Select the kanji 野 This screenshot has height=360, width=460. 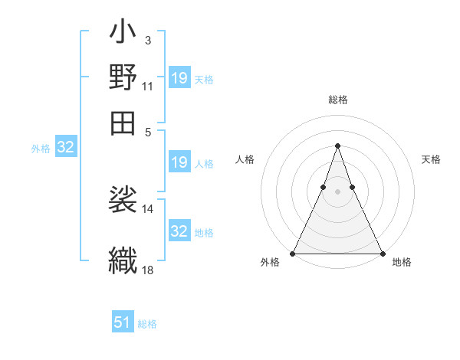pyautogui.click(x=123, y=78)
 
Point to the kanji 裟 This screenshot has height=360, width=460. pyautogui.click(x=123, y=201)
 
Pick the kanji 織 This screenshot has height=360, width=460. pyautogui.click(x=123, y=257)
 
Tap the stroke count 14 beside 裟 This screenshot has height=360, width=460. pyautogui.click(x=147, y=208)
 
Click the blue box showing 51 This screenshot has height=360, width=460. pyautogui.click(x=123, y=322)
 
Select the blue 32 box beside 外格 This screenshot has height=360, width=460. pyautogui.click(x=65, y=148)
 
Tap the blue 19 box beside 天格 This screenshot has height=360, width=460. pyautogui.click(x=179, y=78)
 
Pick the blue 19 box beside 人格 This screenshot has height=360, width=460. pyautogui.click(x=179, y=162)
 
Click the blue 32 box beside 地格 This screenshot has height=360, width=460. pyautogui.click(x=179, y=231)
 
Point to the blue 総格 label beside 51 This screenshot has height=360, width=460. pyautogui.click(x=147, y=324)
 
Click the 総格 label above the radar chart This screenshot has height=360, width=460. pyautogui.click(x=337, y=100)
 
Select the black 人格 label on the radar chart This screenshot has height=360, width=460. pyautogui.click(x=245, y=159)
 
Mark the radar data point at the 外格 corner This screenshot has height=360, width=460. pyautogui.click(x=293, y=254)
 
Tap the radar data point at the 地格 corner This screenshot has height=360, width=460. pyautogui.click(x=382, y=254)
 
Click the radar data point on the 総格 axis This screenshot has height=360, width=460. pyautogui.click(x=337, y=146)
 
